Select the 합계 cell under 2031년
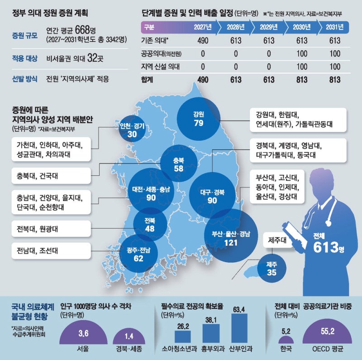click(335, 80)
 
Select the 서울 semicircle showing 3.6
click(83, 334)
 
